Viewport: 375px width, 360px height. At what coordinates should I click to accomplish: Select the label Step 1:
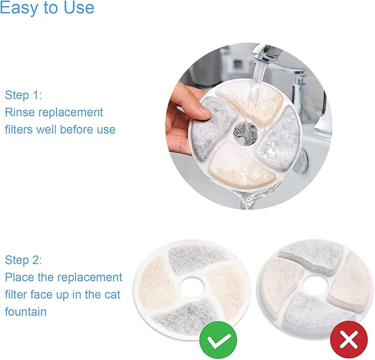[x=23, y=94]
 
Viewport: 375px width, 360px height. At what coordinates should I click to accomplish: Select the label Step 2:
[x=23, y=260]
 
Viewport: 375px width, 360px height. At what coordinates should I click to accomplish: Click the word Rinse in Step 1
[x=20, y=112]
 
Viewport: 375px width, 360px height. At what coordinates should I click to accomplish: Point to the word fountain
[x=25, y=312]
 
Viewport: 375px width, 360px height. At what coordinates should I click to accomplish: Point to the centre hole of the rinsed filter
[x=245, y=131]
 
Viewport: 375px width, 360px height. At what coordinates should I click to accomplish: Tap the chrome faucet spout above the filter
[x=263, y=55]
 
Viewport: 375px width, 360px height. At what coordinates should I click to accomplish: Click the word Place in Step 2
[x=19, y=277]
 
